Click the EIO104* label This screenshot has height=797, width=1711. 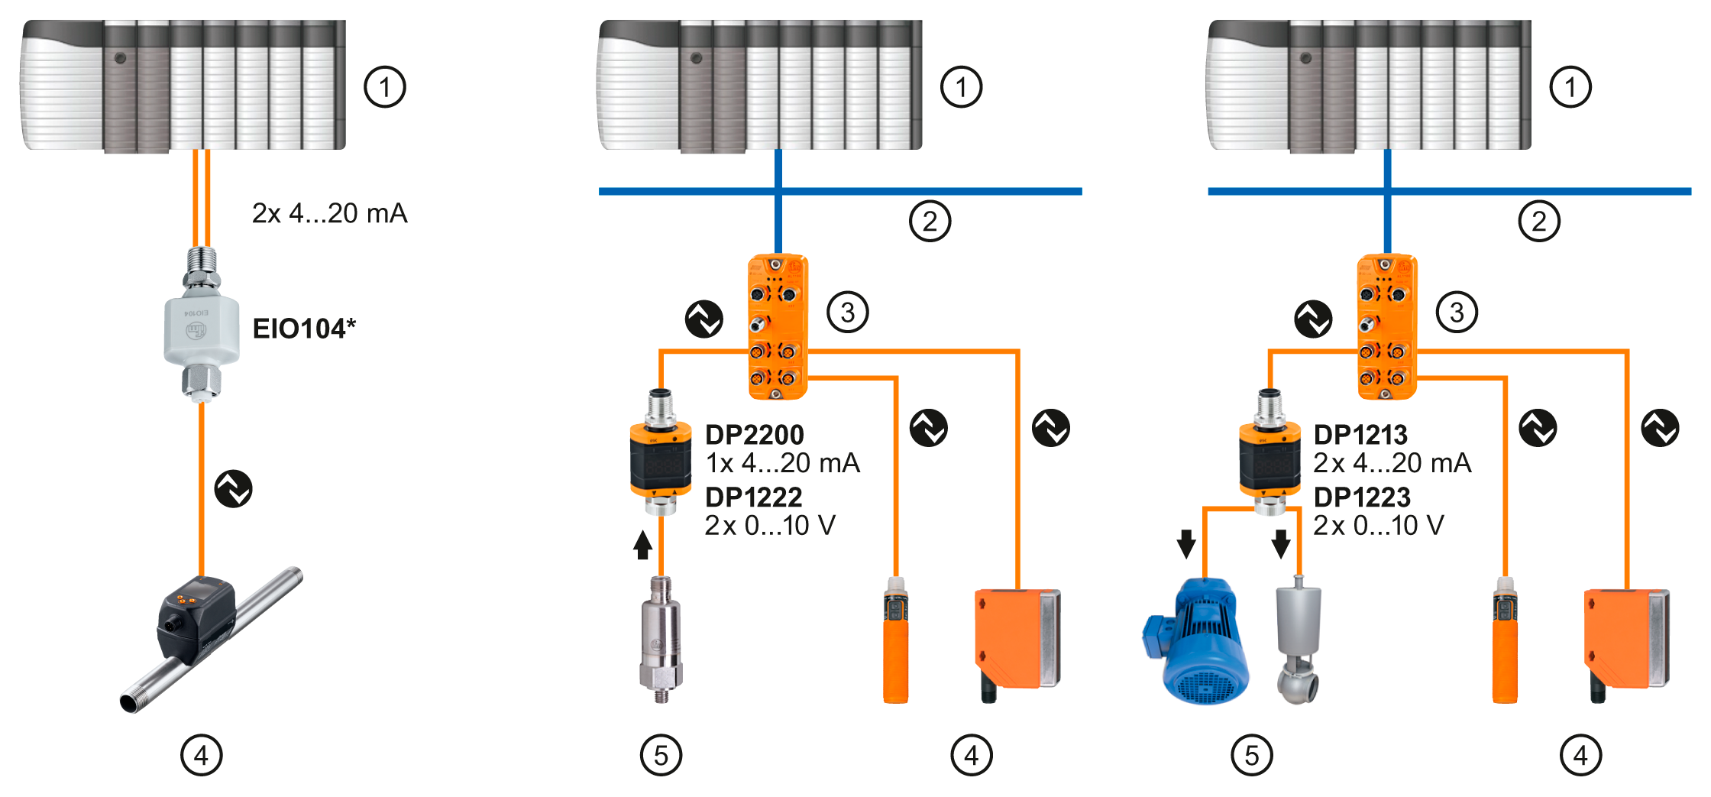pyautogui.click(x=304, y=329)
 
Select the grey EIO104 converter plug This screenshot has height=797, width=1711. pyautogui.click(x=202, y=329)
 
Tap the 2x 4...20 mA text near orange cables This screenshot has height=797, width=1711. pyautogui.click(x=329, y=213)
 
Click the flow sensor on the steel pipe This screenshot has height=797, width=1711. pyautogui.click(x=197, y=619)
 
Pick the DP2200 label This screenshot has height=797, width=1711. pyautogui.click(x=755, y=435)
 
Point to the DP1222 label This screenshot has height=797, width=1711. pyautogui.click(x=754, y=497)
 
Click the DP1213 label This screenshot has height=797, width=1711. pyautogui.click(x=1360, y=435)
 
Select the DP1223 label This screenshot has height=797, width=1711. pyautogui.click(x=1362, y=497)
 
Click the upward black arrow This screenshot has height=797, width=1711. pyautogui.click(x=643, y=545)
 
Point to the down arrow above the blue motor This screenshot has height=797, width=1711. pyautogui.click(x=1186, y=543)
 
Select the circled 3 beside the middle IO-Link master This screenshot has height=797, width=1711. pyautogui.click(x=848, y=312)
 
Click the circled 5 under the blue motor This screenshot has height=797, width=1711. pyautogui.click(x=1252, y=756)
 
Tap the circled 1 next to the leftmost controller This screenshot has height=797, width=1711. pyautogui.click(x=385, y=87)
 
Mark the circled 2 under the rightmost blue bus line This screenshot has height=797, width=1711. pyautogui.click(x=1539, y=222)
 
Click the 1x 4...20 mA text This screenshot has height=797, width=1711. pyautogui.click(x=783, y=463)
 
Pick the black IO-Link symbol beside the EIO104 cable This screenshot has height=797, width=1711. pyautogui.click(x=234, y=489)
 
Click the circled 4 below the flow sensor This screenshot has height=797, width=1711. pyautogui.click(x=202, y=756)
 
